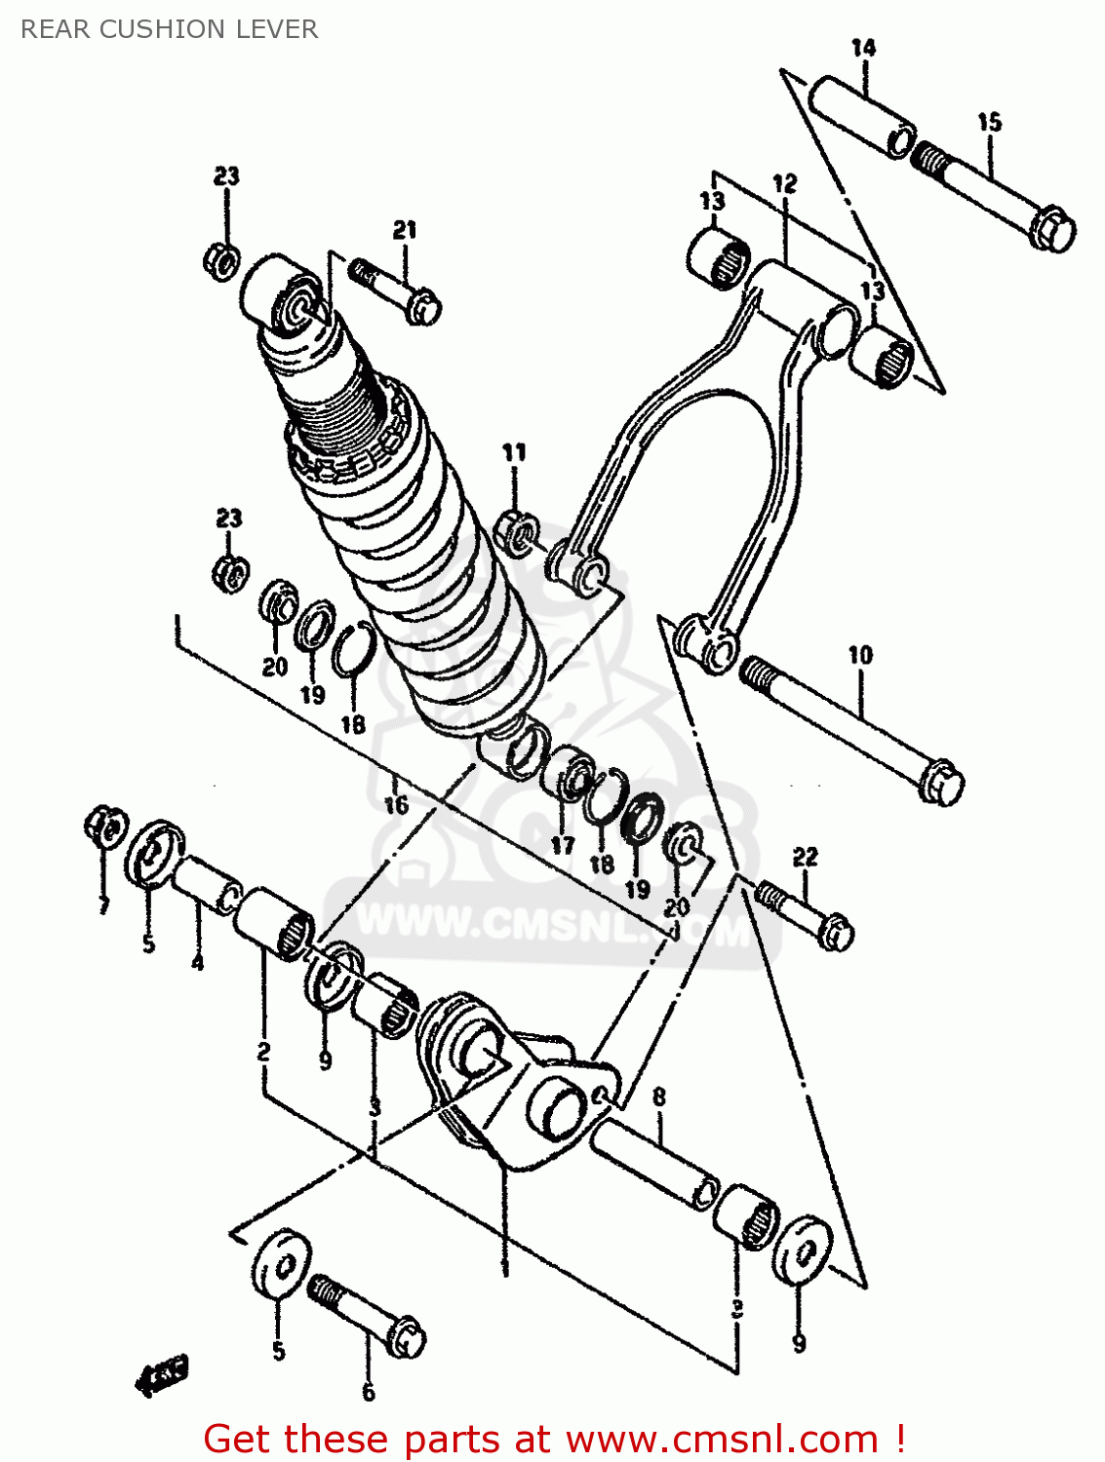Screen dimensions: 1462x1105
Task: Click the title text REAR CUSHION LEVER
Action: point(169,29)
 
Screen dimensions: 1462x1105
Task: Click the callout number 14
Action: point(863,48)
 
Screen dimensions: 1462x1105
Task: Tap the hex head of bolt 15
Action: point(1053,230)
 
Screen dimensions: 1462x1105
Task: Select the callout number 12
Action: point(785,183)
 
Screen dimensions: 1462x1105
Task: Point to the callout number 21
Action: point(405,230)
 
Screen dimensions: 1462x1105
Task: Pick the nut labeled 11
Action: point(517,531)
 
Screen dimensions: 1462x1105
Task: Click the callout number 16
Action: point(395,805)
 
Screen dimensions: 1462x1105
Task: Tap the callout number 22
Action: point(805,857)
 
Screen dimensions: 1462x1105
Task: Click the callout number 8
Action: point(659,1096)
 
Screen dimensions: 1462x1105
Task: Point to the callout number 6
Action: point(369,1392)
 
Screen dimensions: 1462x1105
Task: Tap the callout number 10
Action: point(860,655)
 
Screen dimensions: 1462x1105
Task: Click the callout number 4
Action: point(198,962)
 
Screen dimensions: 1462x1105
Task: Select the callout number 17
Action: point(563,845)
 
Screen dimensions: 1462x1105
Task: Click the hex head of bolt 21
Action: point(424,307)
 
